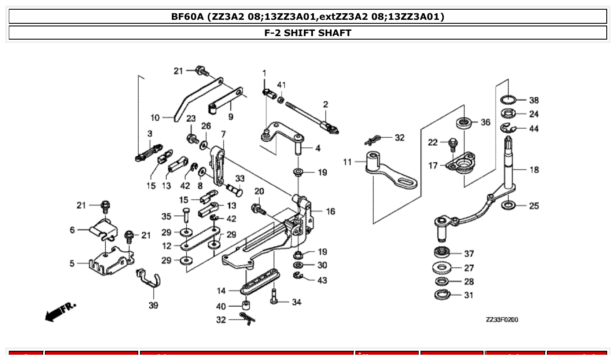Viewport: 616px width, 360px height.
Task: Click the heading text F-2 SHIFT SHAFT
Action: pos(308,33)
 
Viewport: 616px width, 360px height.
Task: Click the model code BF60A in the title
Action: pos(187,17)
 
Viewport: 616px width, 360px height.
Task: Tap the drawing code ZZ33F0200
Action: pos(502,320)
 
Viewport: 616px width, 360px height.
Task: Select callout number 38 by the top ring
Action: pos(534,100)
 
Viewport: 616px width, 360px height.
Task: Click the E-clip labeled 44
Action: pos(509,128)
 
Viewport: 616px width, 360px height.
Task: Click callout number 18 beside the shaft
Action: pos(534,170)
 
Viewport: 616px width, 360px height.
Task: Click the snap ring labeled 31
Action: pos(442,295)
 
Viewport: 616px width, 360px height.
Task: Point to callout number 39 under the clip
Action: pos(153,305)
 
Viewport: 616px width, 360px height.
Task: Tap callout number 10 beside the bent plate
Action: pos(155,118)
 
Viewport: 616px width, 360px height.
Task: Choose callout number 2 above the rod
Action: pos(325,104)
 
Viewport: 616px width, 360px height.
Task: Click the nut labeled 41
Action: pos(280,100)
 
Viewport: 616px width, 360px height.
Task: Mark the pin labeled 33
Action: pos(235,190)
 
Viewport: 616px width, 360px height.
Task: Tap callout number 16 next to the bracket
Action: pos(330,212)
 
